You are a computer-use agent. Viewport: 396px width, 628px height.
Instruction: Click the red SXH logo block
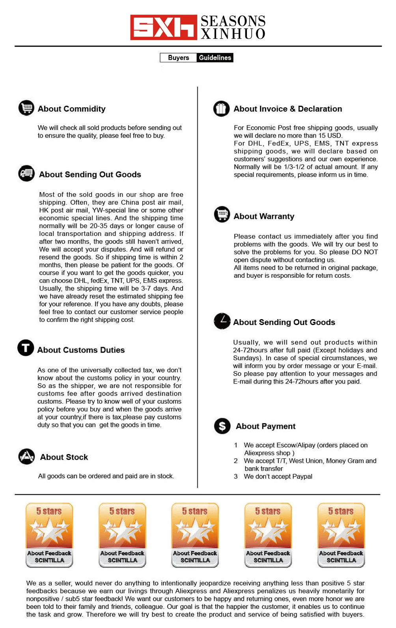tap(163, 27)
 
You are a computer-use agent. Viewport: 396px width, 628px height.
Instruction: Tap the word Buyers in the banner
tap(178, 58)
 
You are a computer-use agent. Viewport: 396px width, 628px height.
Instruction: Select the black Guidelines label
tap(215, 58)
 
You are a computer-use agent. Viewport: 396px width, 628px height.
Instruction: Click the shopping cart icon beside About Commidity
tap(26, 108)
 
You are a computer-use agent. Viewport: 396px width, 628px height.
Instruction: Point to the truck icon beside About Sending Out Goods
tap(26, 173)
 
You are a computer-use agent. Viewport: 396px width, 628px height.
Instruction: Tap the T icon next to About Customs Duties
tap(26, 348)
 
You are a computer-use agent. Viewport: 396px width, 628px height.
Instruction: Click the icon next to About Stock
tap(27, 456)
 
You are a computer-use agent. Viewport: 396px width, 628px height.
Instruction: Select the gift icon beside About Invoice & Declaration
tap(221, 108)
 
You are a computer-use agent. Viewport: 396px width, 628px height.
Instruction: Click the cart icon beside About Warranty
tap(222, 214)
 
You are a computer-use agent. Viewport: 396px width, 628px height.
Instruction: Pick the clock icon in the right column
tap(222, 321)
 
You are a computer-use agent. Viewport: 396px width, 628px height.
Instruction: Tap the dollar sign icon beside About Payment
tap(222, 426)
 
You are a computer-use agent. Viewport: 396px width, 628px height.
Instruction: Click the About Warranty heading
tap(264, 216)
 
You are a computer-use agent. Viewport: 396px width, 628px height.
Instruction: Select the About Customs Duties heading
tap(81, 350)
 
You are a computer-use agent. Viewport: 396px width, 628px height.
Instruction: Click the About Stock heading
tap(64, 457)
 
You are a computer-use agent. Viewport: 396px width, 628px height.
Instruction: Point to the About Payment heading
tap(265, 426)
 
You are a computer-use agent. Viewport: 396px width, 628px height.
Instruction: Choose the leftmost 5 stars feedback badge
tap(49, 535)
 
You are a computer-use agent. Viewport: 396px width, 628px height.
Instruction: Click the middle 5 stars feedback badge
tap(195, 535)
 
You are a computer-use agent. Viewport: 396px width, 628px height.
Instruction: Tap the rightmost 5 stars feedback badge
tap(341, 535)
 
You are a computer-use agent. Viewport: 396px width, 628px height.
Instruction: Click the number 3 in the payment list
tap(236, 476)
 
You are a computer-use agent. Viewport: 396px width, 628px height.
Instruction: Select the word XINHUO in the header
tap(233, 34)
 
